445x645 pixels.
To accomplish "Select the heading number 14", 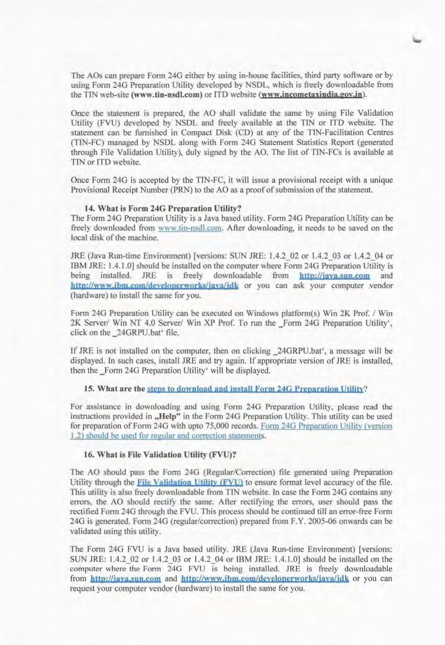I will coord(89,209).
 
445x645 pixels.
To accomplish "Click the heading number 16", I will coord(89,454).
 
